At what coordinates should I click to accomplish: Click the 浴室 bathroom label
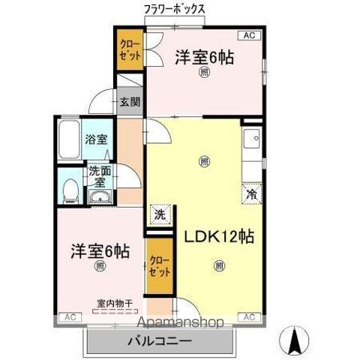[x=95, y=139]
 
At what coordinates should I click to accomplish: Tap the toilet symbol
[x=69, y=189]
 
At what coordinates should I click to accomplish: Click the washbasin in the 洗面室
[x=98, y=197]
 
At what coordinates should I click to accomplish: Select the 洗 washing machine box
[x=159, y=214]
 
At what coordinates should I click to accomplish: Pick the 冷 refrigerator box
[x=253, y=192]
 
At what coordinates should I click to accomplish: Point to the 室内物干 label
[x=114, y=303]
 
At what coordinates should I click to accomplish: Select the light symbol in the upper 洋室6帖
[x=205, y=72]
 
